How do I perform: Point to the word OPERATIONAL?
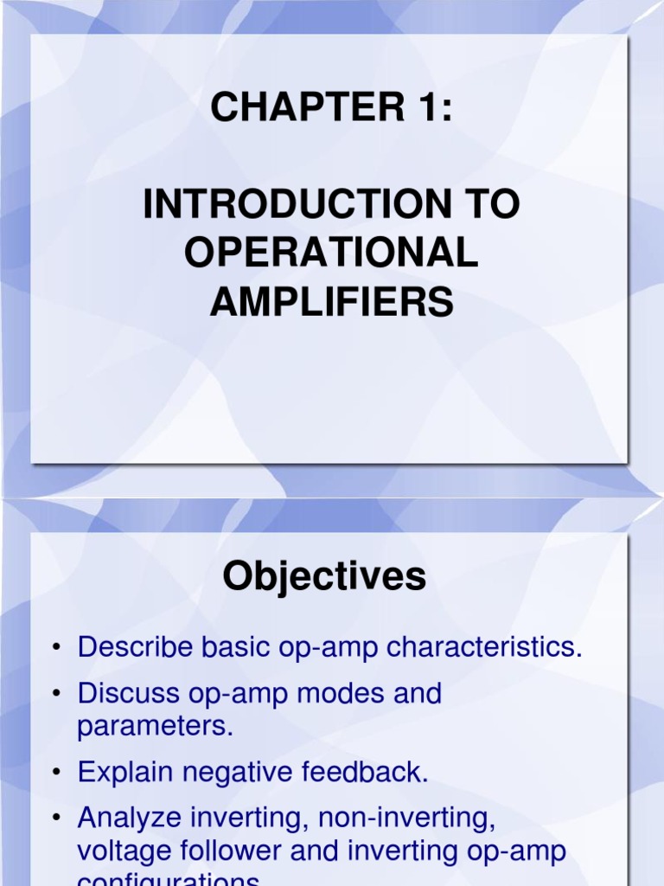(331, 254)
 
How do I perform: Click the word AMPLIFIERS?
(331, 302)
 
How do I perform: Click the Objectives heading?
(324, 577)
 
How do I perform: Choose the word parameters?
(156, 726)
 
